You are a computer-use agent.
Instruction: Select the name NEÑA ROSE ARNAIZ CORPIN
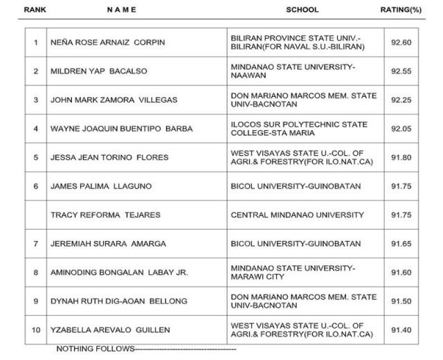pyautogui.click(x=108, y=42)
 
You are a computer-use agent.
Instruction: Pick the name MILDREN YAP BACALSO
pyautogui.click(x=98, y=71)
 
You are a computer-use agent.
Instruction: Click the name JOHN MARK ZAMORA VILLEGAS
pyautogui.click(x=114, y=100)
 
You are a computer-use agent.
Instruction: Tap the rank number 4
pyautogui.click(x=35, y=129)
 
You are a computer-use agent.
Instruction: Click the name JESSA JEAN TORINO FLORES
pyautogui.click(x=110, y=158)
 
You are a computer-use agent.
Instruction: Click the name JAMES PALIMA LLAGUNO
pyautogui.click(x=101, y=186)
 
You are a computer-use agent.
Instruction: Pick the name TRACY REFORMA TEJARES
pyautogui.click(x=105, y=215)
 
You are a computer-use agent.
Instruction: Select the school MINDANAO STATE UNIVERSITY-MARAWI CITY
pyautogui.click(x=293, y=273)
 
